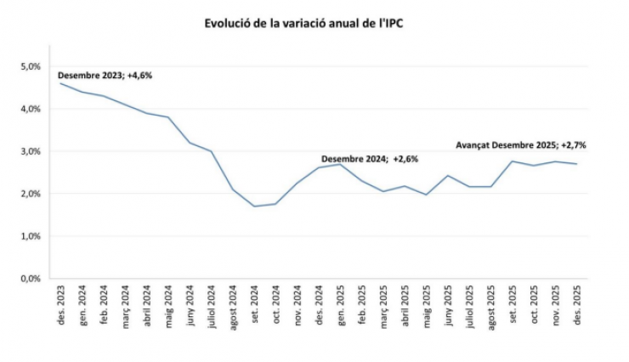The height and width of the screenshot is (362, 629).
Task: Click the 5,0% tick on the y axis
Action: [x=30, y=66]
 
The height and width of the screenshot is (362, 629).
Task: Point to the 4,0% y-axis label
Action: [x=30, y=109]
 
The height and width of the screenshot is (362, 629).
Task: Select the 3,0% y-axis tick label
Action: [x=30, y=151]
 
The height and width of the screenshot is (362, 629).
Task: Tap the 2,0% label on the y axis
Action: [x=30, y=194]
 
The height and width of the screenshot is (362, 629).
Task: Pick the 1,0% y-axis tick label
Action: [x=30, y=236]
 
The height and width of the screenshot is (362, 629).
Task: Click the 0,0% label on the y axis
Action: [x=30, y=279]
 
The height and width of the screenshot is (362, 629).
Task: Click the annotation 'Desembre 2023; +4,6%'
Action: [x=105, y=76]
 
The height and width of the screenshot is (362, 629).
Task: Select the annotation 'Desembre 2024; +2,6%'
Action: [x=370, y=159]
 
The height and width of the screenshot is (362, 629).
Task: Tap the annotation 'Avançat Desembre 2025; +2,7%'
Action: [x=521, y=144]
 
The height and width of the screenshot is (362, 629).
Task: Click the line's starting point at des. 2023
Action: [x=60, y=83]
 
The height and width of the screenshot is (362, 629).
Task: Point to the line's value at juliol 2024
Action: [x=212, y=151]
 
